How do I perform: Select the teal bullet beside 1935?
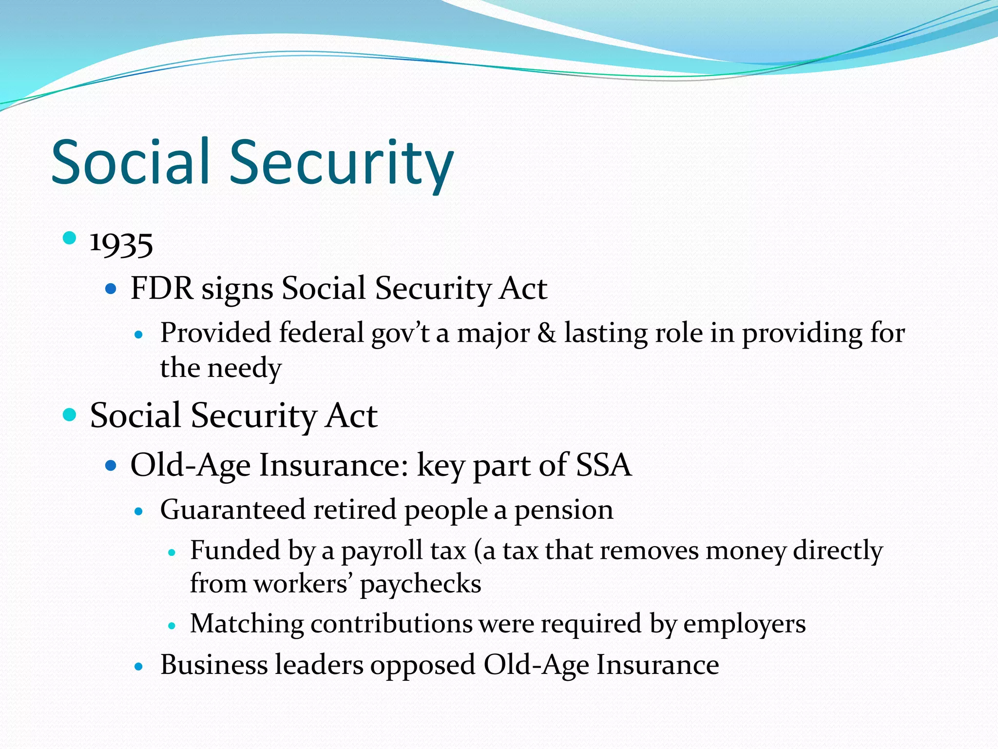coord(70,238)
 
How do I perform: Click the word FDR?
coord(161,288)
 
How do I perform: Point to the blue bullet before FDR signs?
coord(111,289)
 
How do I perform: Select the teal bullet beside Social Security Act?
coord(70,414)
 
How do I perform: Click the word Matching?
coord(247,625)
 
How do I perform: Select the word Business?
coord(213,665)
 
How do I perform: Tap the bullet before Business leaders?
coord(139,667)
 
